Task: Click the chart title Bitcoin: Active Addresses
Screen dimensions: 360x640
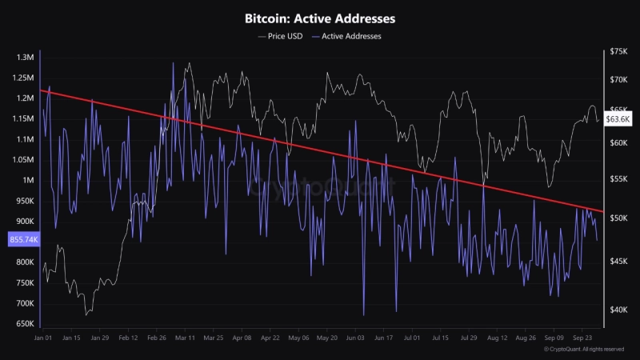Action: click(x=320, y=18)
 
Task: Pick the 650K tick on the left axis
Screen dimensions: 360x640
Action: click(x=23, y=324)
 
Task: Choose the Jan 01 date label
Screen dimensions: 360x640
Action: click(x=43, y=338)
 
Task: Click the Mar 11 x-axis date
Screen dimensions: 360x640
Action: click(x=185, y=338)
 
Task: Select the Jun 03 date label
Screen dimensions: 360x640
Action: click(x=355, y=338)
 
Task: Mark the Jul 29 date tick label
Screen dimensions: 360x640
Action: click(x=470, y=338)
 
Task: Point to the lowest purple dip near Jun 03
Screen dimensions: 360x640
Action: click(x=363, y=314)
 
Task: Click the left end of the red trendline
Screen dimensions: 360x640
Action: click(x=41, y=90)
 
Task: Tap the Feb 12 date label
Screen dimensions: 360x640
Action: click(x=128, y=338)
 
